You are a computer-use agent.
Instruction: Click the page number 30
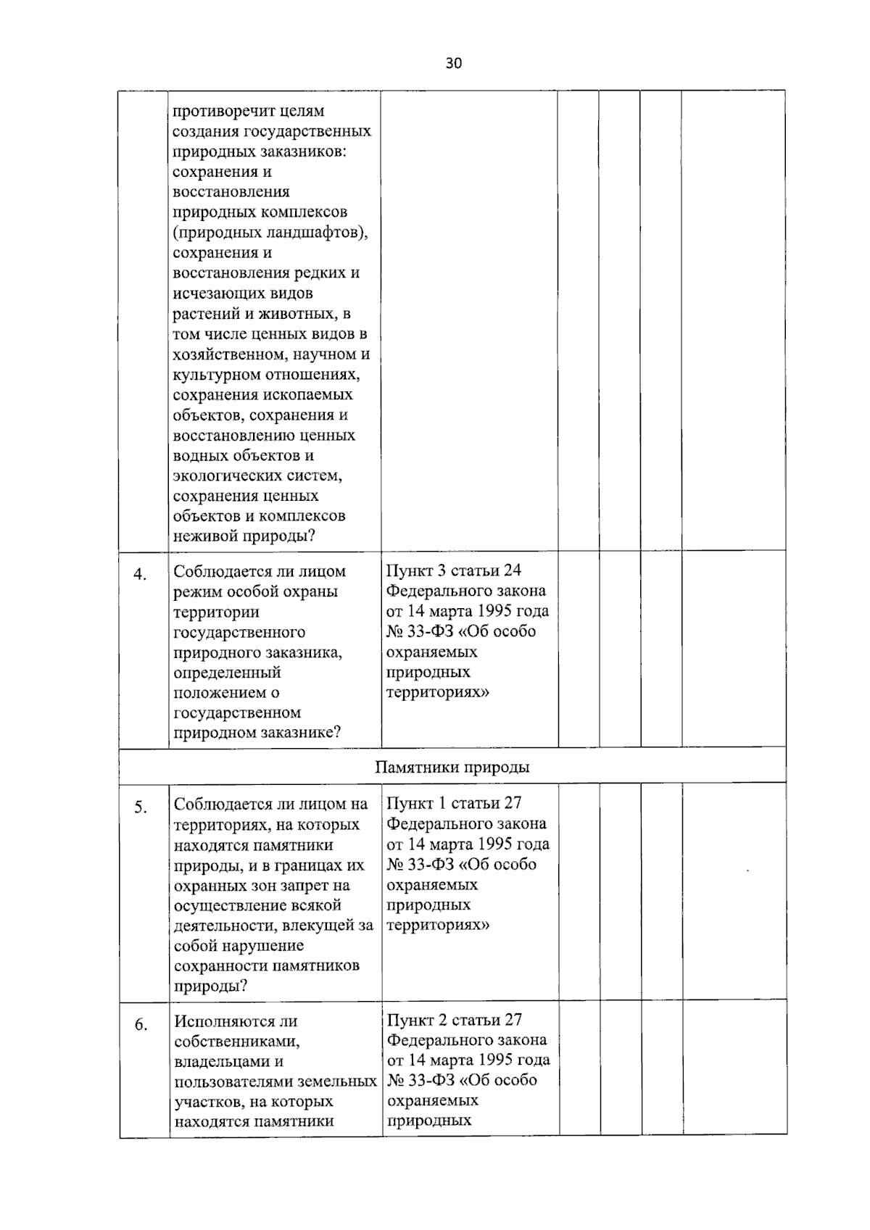click(x=453, y=64)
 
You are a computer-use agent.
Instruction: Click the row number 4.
click(x=140, y=575)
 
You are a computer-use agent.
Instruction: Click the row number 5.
click(x=141, y=807)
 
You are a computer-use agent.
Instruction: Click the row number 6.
click(x=141, y=1025)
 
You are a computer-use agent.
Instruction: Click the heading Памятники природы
click(x=452, y=767)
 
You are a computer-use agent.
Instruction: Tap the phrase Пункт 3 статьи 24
click(x=454, y=570)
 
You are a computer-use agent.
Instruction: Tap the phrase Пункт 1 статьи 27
click(x=454, y=803)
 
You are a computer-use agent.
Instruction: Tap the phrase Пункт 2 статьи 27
click(x=454, y=1020)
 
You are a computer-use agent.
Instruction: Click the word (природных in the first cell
click(x=211, y=233)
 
